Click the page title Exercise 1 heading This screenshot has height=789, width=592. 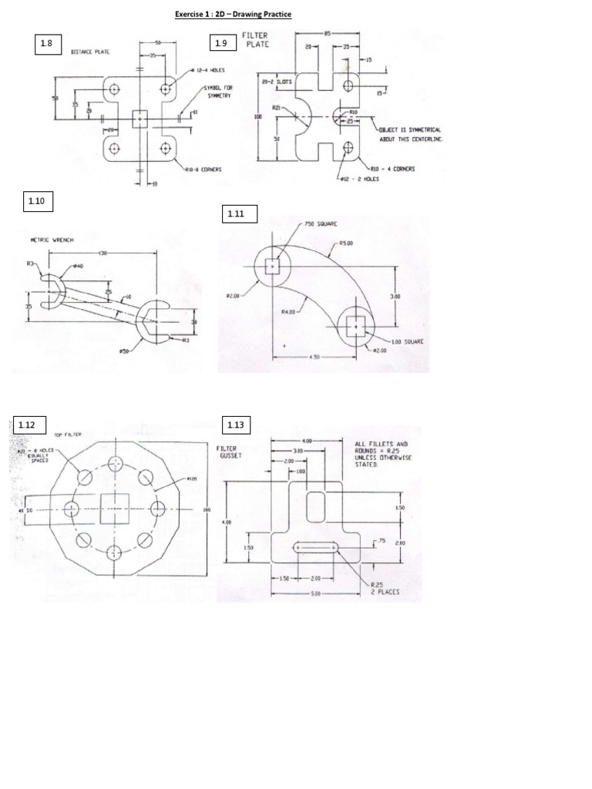click(x=233, y=15)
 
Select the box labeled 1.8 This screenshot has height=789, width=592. click(x=46, y=44)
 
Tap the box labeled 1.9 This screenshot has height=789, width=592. click(x=222, y=44)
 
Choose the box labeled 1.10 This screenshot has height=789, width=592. click(x=36, y=202)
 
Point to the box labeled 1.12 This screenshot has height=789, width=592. click(x=27, y=425)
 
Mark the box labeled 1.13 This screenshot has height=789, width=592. click(x=235, y=425)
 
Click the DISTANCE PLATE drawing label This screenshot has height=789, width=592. click(x=89, y=52)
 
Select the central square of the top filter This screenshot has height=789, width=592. click(x=115, y=508)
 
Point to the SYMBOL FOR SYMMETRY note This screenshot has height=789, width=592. click(x=219, y=92)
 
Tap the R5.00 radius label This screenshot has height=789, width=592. click(x=347, y=243)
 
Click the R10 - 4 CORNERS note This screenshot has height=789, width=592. click(x=392, y=169)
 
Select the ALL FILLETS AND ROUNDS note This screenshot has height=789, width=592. click(x=382, y=455)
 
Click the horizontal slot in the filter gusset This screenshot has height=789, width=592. click(x=316, y=546)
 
